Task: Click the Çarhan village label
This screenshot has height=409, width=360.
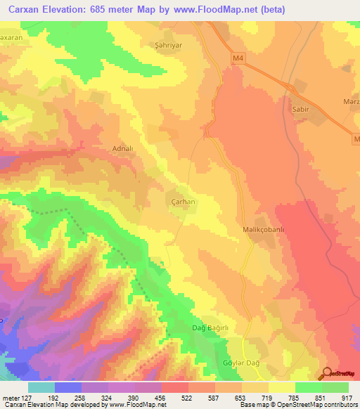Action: [183, 201]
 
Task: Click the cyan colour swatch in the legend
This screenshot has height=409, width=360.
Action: [41, 387]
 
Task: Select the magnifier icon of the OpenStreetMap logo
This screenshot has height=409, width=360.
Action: [328, 373]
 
